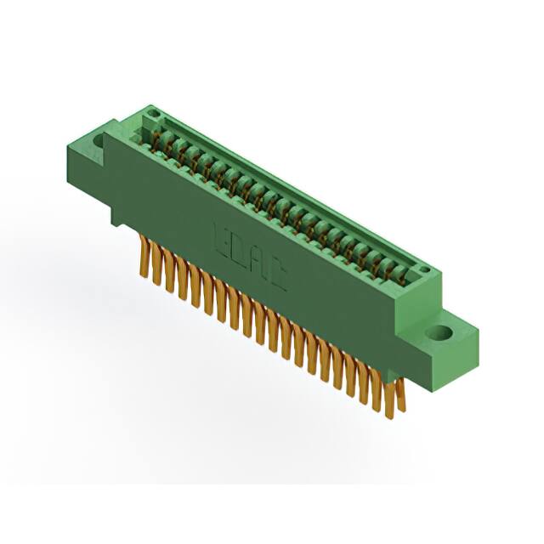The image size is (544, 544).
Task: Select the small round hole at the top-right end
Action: [424, 271]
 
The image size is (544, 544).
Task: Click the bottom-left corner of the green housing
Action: [114, 223]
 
